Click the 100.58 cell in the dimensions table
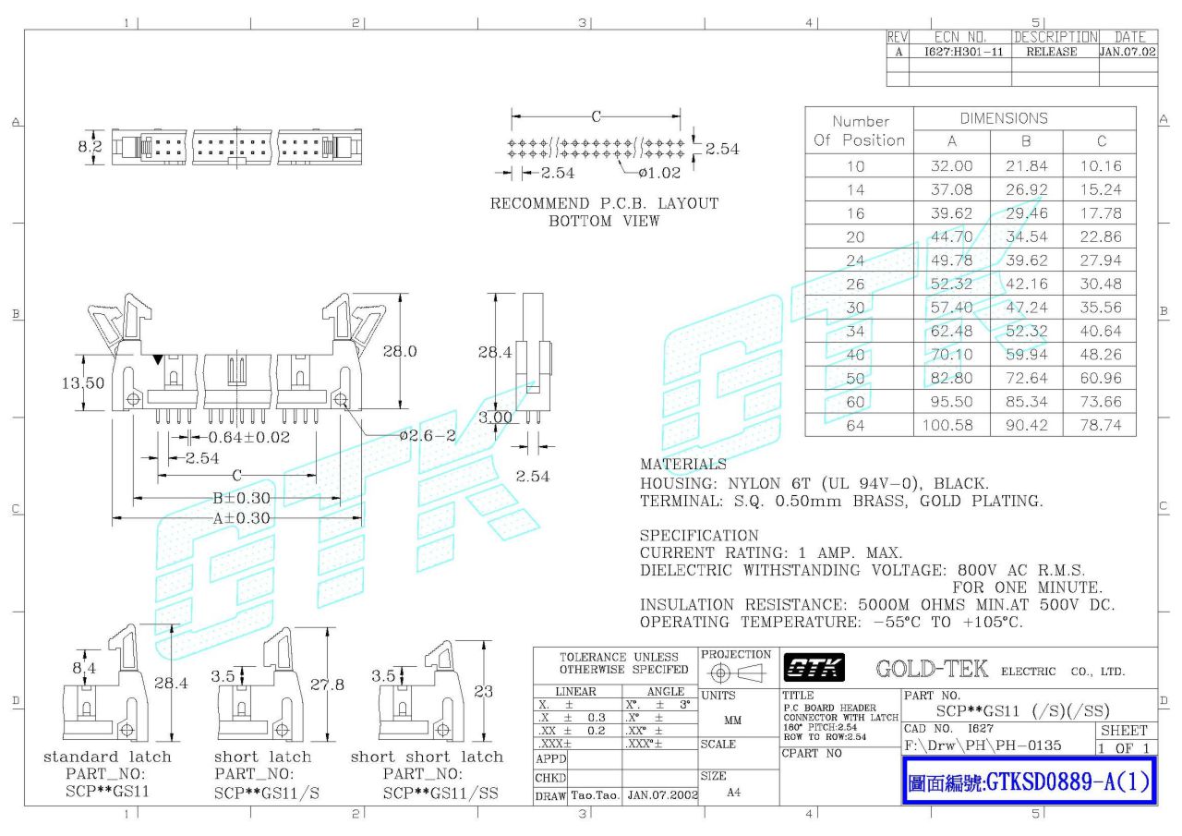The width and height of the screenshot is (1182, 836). click(x=951, y=425)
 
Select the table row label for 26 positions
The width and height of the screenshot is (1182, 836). click(x=856, y=284)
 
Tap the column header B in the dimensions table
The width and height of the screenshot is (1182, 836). click(x=1026, y=141)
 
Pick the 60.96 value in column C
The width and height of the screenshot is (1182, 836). click(x=1101, y=378)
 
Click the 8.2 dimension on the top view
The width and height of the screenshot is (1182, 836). click(x=90, y=146)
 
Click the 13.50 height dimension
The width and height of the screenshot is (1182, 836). click(x=82, y=382)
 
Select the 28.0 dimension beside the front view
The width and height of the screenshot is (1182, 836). click(x=400, y=351)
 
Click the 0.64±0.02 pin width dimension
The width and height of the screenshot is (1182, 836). click(x=248, y=437)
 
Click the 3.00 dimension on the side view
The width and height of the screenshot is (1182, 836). click(x=496, y=418)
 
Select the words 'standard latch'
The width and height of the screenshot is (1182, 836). click(x=107, y=757)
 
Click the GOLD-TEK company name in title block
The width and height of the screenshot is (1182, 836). click(x=931, y=669)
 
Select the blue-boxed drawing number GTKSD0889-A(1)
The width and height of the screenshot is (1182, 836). click(x=1029, y=782)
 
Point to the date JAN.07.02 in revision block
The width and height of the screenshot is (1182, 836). click(x=1128, y=53)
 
